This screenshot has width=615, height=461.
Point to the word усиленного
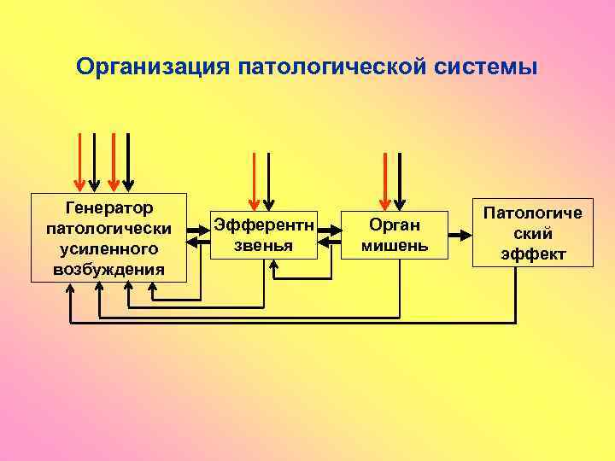pos(108,248)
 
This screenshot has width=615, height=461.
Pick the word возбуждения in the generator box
pos(108,269)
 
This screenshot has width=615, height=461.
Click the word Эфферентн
pos(265,225)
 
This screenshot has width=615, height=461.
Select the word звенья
pos(265,245)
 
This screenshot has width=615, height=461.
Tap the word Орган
pos(395,225)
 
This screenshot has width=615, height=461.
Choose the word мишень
pos(395,246)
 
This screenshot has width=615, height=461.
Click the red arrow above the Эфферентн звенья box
pos(252,180)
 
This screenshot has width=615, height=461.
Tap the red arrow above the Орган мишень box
pos(386,180)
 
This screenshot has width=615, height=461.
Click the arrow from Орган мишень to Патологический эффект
pos(460,234)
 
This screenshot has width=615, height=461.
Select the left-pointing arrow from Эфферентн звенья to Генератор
pos(200,245)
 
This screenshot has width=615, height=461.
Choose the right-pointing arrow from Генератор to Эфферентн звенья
pos(200,225)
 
